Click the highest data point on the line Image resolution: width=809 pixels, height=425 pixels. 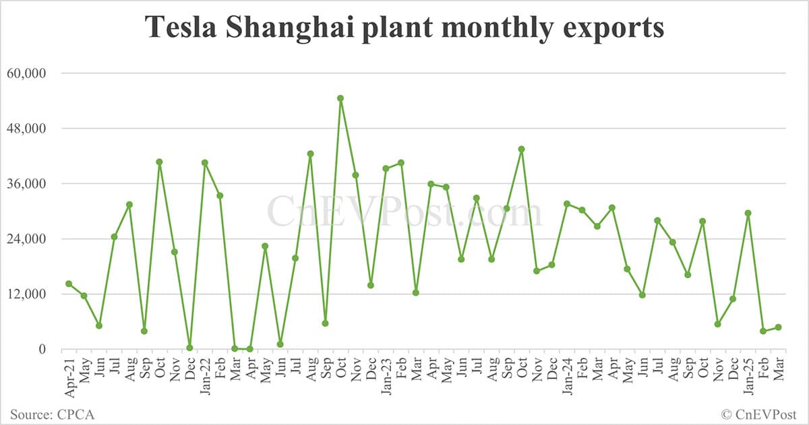coord(340,98)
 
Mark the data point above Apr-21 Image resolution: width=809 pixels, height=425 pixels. coord(69,284)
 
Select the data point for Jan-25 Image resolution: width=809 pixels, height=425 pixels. coord(748,213)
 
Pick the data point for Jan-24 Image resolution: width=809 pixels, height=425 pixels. coord(567,203)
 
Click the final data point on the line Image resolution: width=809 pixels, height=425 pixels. coord(778,327)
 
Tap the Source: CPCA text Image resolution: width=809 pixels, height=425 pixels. coord(51,414)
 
